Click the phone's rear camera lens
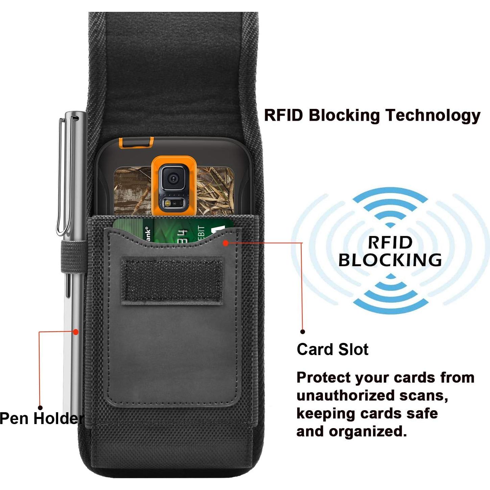point(173,178)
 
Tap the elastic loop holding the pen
point(73,257)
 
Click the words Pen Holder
point(41,418)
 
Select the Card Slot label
point(332,349)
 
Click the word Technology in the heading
point(433,115)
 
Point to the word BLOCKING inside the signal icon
point(390,260)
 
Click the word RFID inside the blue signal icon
point(390,242)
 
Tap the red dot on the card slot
point(226,243)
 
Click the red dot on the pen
point(76,332)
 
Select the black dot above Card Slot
point(303,332)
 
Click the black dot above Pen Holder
point(40,407)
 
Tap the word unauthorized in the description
point(345,395)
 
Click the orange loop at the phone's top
point(136,143)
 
